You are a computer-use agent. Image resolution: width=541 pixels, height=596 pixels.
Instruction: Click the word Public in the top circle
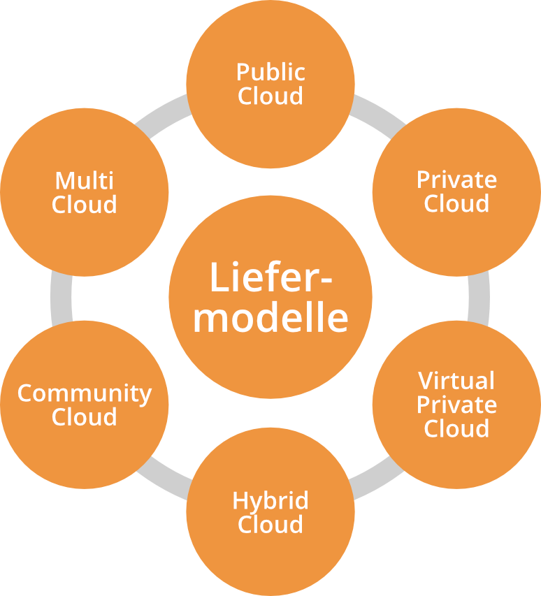270,72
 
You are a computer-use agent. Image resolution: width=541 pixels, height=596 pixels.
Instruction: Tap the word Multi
84,181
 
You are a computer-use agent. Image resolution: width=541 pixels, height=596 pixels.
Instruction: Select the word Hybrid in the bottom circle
270,500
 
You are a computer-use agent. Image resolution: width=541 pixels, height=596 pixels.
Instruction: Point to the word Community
84,393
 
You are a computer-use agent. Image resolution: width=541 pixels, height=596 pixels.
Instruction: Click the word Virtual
456,381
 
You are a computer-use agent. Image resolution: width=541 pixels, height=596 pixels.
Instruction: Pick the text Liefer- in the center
270,277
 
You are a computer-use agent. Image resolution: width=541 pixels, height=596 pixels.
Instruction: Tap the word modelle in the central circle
270,317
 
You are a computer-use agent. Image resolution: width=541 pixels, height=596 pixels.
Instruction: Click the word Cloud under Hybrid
270,524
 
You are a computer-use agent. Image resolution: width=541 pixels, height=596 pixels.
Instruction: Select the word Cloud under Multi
84,205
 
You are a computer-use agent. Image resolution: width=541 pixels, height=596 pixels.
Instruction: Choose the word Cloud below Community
84,417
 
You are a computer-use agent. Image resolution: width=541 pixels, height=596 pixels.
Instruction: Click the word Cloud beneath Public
270,96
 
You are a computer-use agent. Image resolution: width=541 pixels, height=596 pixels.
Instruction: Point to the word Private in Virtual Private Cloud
456,405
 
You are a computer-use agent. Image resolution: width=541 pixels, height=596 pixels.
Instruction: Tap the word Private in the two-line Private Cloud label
456,180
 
